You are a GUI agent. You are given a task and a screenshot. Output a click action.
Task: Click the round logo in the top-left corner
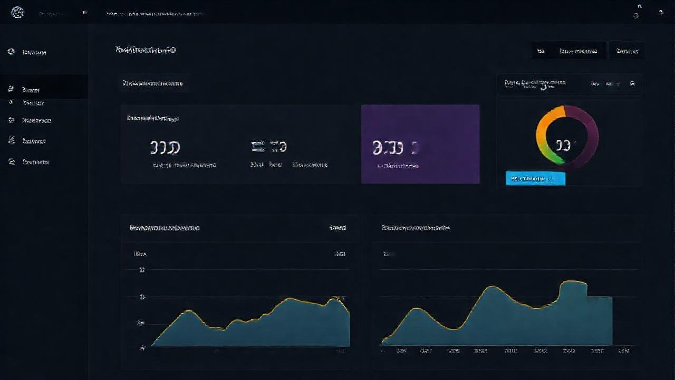(17, 12)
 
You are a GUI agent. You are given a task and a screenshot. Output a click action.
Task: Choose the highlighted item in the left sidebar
(32, 90)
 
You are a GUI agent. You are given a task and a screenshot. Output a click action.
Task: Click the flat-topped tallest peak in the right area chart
(573, 283)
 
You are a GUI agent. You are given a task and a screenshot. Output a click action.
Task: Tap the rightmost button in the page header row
(626, 51)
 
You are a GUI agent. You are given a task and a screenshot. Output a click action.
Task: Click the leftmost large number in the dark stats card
(165, 147)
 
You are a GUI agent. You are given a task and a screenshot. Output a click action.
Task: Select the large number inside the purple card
(388, 148)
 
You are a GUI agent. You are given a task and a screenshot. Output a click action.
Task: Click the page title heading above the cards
(146, 50)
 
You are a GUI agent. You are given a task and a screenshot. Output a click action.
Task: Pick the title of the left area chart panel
(165, 228)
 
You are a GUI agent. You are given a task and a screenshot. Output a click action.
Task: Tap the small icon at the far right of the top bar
(661, 12)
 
